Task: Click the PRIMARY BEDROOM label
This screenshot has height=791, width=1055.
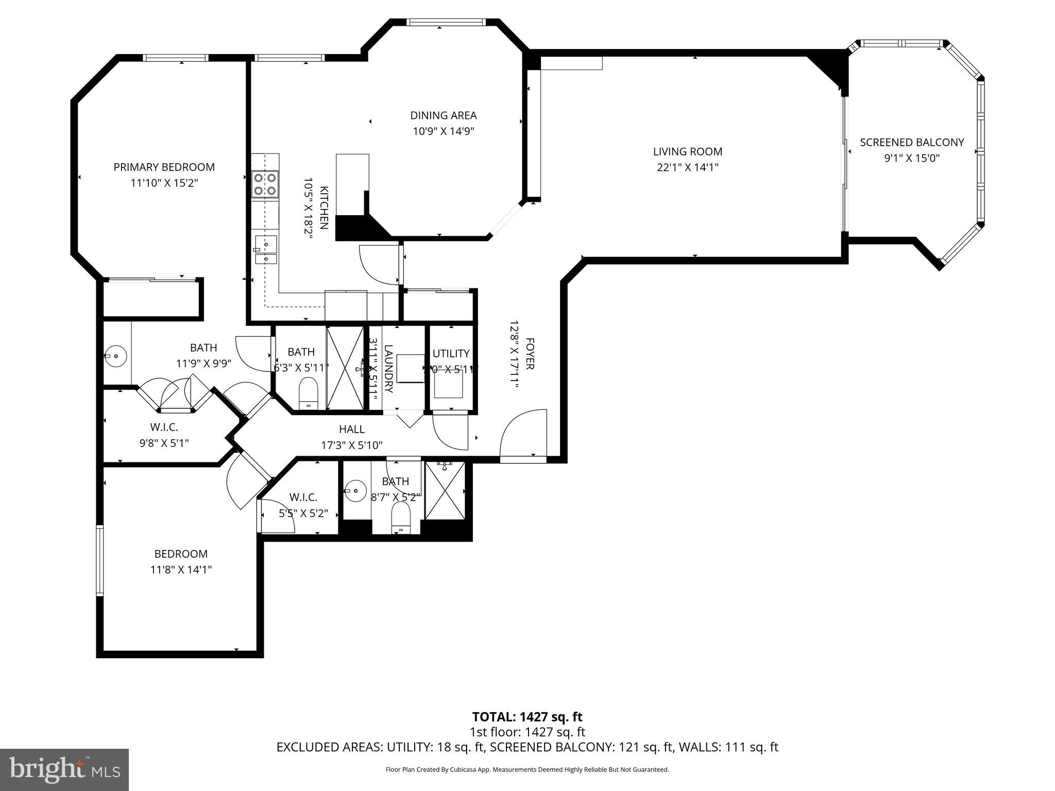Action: click(x=164, y=167)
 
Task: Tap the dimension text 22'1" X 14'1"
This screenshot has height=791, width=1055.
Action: click(x=687, y=167)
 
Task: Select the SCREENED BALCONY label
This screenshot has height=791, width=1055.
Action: click(x=912, y=143)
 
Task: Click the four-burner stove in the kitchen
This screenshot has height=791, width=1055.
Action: click(x=265, y=184)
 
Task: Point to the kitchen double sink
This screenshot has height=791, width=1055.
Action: click(x=266, y=249)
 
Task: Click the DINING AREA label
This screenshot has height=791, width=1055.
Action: click(x=443, y=115)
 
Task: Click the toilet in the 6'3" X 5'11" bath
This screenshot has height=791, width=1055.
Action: click(x=308, y=392)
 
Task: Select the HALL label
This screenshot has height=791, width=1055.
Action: click(x=352, y=429)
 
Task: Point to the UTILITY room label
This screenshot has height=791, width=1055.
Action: click(x=451, y=353)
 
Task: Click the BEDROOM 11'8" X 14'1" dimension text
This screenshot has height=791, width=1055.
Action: click(x=181, y=570)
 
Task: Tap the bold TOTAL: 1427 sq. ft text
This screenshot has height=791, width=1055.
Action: click(x=527, y=717)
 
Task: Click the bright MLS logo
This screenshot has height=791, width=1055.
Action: click(x=64, y=770)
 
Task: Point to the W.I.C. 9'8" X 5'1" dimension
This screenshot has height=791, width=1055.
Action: click(x=164, y=443)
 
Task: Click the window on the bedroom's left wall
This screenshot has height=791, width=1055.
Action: click(x=100, y=561)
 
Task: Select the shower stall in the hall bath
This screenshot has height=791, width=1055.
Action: click(x=445, y=490)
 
